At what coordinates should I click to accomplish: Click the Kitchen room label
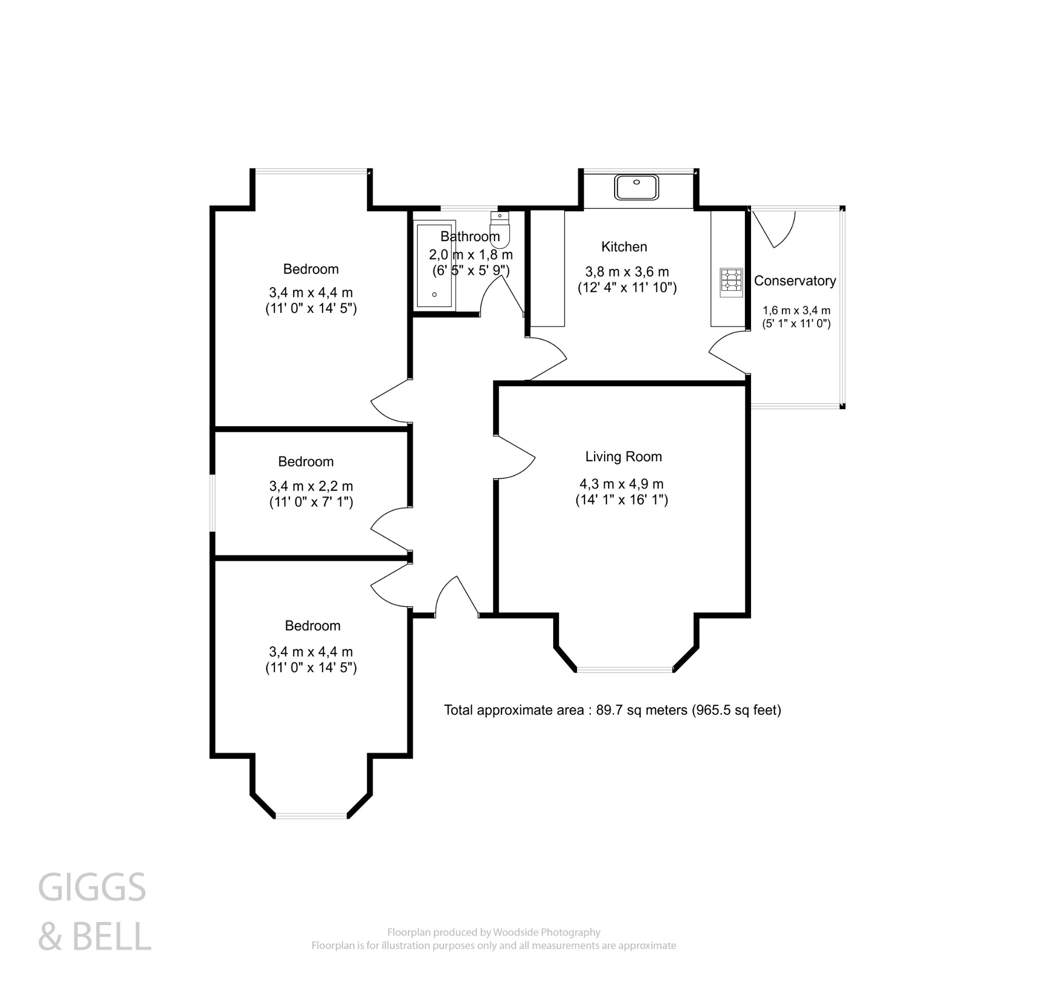(623, 247)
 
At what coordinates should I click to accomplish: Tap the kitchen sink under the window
(636, 188)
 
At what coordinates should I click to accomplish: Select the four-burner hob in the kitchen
(731, 282)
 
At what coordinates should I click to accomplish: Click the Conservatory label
(794, 281)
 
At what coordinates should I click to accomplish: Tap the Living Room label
(623, 457)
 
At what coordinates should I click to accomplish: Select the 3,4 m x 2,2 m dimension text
(311, 487)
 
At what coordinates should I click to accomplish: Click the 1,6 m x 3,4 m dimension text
(796, 311)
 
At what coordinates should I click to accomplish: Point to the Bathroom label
(470, 236)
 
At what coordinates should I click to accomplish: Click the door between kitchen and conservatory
(727, 353)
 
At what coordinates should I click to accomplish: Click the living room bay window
(625, 670)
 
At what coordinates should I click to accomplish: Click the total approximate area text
(612, 710)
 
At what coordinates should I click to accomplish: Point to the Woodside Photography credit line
(494, 932)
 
